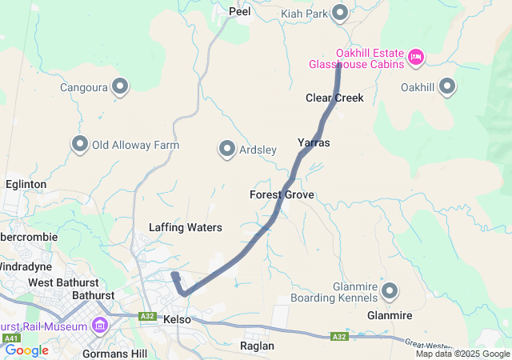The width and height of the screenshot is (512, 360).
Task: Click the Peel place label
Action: tap(239, 11)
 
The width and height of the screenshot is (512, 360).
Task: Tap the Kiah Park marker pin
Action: tap(340, 12)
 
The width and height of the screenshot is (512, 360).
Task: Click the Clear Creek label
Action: tap(334, 98)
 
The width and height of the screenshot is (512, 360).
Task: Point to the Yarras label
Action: tap(314, 142)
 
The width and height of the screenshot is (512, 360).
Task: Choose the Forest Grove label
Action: tap(282, 194)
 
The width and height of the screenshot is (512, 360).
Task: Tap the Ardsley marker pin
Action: tap(227, 148)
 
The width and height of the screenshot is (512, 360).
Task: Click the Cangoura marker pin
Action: tap(120, 86)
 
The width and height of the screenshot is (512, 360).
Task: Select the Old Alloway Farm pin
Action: tap(80, 144)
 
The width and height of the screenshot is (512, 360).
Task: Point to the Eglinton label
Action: tap(26, 184)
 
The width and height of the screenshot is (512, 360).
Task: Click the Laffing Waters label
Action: tap(185, 227)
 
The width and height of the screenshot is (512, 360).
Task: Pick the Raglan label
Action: tap(257, 346)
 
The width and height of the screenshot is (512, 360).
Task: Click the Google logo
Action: tap(26, 350)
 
